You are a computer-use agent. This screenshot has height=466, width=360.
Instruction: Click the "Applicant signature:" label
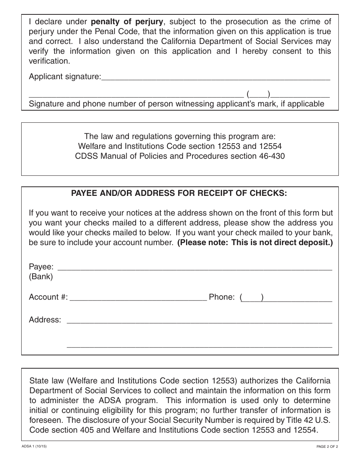pyautogui.click(x=65, y=77)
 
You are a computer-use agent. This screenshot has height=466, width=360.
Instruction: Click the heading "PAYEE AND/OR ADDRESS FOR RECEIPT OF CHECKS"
pyautogui.click(x=180, y=193)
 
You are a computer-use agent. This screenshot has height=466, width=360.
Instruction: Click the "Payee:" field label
pyautogui.click(x=41, y=267)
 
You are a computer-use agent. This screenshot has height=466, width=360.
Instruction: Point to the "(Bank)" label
pyautogui.click(x=41, y=277)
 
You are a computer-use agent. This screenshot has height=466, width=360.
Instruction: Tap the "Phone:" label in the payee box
pyautogui.click(x=222, y=297)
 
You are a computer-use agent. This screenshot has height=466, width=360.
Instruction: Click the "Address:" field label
pyautogui.click(x=45, y=320)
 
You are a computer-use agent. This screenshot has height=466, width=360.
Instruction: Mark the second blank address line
pyautogui.click(x=199, y=346)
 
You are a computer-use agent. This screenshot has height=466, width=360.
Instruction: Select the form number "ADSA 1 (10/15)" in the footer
pyautogui.click(x=34, y=447)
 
